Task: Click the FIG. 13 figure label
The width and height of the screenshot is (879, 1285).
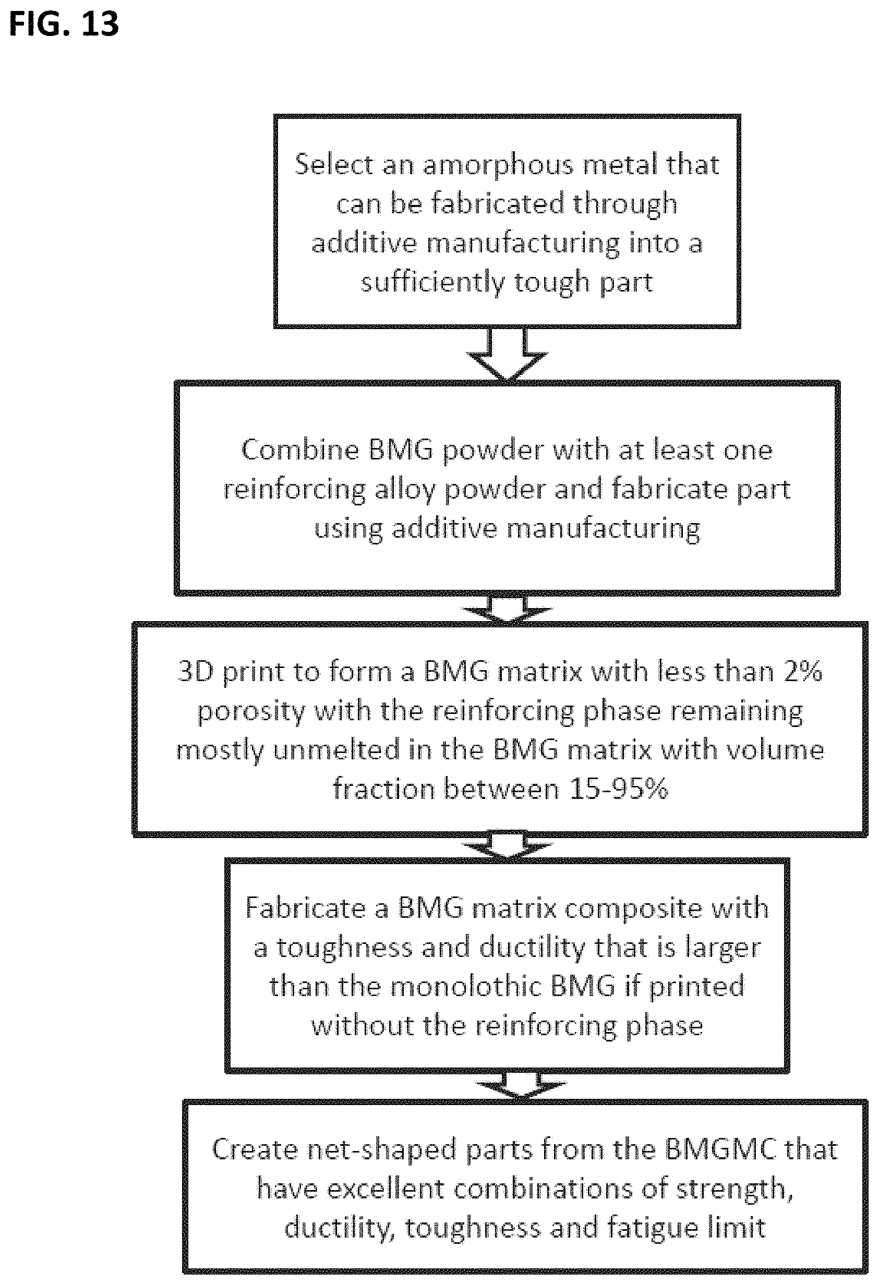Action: (64, 25)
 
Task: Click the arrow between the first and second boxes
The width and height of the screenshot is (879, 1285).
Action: (507, 354)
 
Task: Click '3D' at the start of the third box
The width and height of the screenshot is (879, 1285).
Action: (196, 671)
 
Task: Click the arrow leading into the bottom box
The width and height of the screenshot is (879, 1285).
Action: (521, 1085)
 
